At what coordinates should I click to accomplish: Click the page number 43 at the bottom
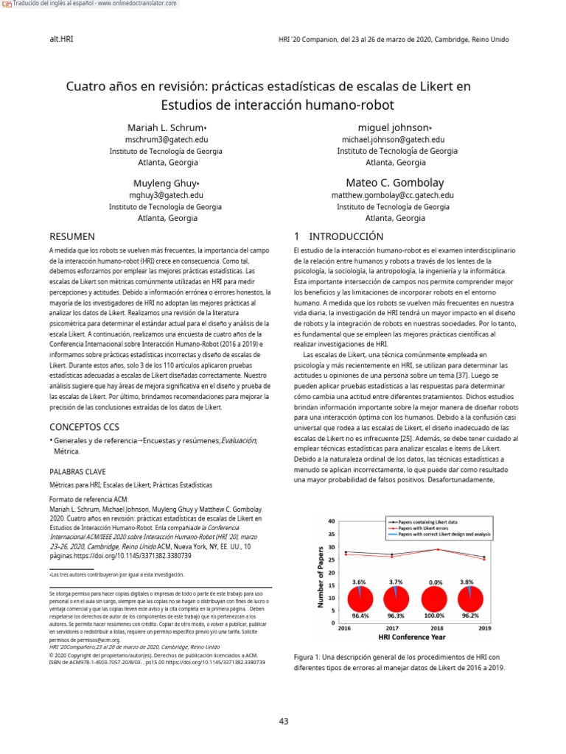coord(284,721)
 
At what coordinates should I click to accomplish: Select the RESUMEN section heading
coord(71,236)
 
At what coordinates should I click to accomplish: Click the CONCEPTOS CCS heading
coord(84,426)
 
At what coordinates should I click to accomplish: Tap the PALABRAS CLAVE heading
coord(77,471)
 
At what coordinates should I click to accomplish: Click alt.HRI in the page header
coord(60,39)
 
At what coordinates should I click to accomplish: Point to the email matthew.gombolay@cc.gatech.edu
coord(393,195)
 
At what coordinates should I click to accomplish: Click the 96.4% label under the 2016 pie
coord(360,616)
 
